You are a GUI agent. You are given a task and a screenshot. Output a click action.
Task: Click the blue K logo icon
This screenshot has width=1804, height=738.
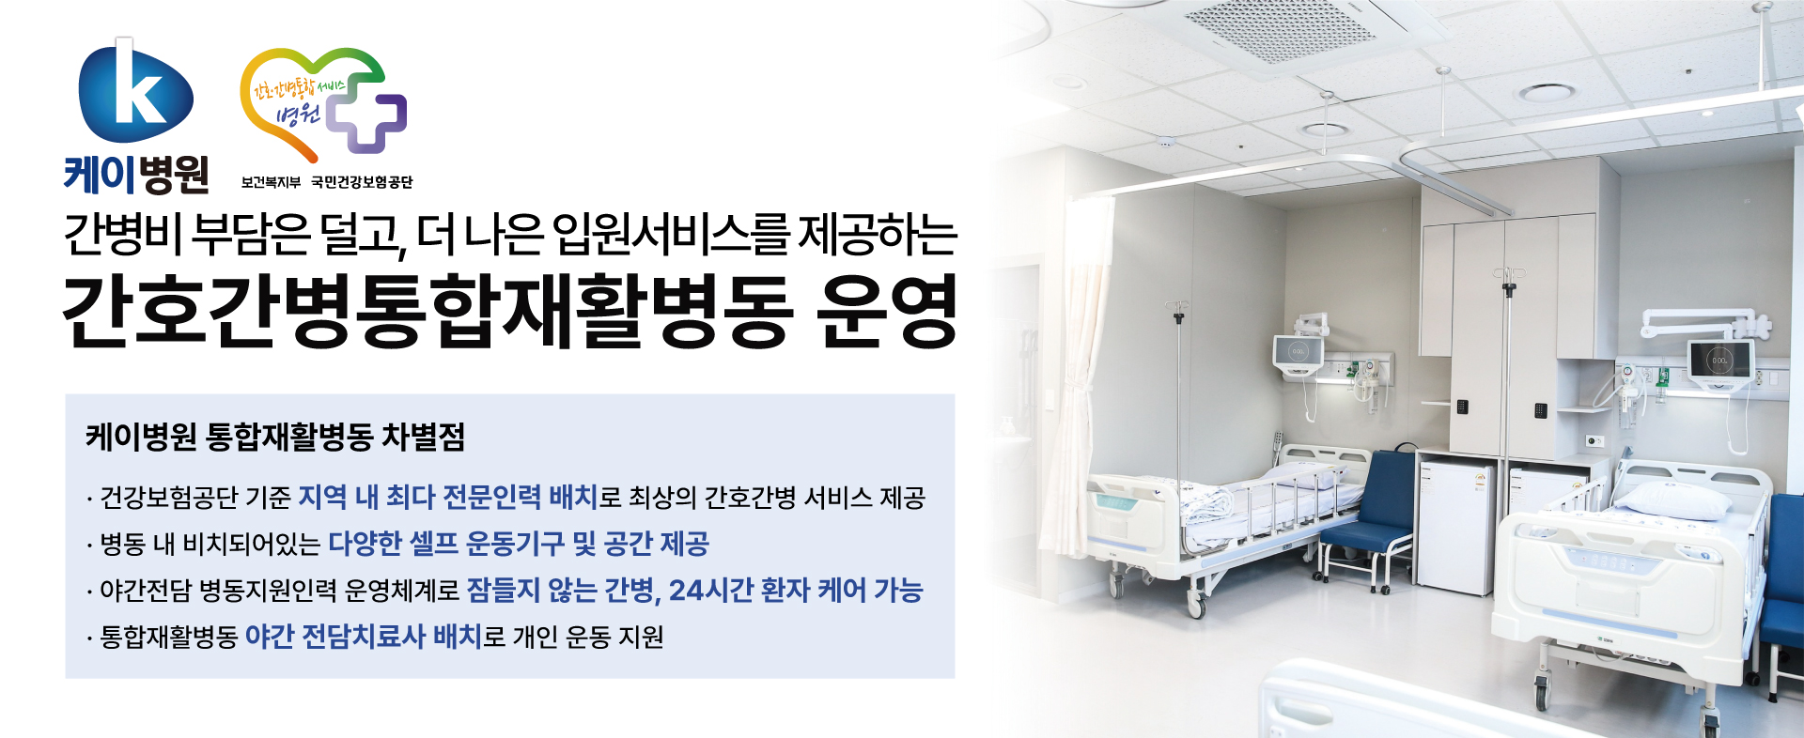(136, 91)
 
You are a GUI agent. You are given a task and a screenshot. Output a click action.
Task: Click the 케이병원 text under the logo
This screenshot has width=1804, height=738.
(136, 175)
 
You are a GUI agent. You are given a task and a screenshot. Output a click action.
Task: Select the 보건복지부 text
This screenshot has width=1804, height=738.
(271, 182)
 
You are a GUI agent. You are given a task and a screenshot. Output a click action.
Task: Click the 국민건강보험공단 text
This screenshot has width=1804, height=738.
(363, 182)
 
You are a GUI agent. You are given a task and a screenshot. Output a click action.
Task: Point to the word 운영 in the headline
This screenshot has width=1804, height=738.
(887, 311)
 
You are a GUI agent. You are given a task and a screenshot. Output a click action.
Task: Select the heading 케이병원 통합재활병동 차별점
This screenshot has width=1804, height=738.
(275, 437)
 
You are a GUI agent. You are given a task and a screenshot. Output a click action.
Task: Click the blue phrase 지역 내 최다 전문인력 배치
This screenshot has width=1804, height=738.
(447, 497)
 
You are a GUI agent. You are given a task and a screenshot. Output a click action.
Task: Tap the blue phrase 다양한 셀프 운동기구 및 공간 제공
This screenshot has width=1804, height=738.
(519, 544)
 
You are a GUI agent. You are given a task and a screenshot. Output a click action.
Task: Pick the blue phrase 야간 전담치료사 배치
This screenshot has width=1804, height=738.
(363, 637)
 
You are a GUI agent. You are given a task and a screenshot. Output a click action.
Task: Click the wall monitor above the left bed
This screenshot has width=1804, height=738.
(1298, 353)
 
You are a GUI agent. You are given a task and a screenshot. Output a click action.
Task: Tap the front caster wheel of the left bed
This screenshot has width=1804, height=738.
(1196, 606)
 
